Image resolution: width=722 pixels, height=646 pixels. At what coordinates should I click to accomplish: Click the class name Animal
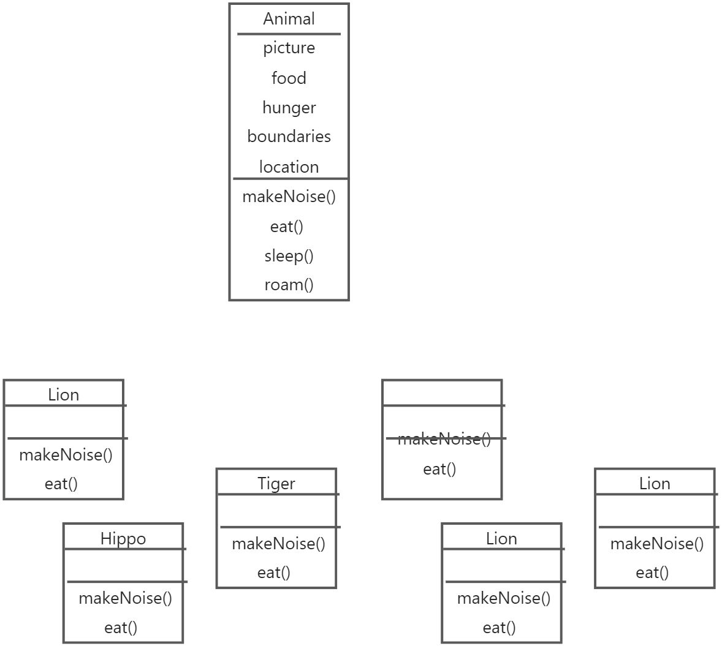click(289, 19)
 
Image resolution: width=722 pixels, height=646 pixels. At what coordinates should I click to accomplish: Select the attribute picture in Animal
click(289, 48)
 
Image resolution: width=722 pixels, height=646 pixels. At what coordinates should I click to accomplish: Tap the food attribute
click(289, 78)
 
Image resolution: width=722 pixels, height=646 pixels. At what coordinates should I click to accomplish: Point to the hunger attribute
click(289, 108)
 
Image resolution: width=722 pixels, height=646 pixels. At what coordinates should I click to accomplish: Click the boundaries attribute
click(289, 137)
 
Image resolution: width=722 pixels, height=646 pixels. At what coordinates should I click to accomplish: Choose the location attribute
click(289, 167)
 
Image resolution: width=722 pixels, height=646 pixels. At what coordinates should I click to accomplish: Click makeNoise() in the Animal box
click(289, 197)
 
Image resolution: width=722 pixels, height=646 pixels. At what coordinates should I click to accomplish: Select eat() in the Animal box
click(287, 227)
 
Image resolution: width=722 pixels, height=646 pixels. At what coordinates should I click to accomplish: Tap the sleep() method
click(289, 255)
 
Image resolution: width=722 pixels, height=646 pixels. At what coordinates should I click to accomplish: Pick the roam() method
click(289, 285)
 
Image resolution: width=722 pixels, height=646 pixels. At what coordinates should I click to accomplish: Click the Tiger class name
click(276, 483)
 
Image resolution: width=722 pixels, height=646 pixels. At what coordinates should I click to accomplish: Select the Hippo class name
click(123, 538)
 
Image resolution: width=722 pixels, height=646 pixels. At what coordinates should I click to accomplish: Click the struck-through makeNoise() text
click(444, 438)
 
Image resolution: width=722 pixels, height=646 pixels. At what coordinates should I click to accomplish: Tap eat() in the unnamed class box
click(439, 469)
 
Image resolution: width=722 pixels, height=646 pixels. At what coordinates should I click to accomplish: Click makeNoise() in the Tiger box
click(278, 543)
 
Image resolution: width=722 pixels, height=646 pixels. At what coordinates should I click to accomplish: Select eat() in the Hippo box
click(121, 627)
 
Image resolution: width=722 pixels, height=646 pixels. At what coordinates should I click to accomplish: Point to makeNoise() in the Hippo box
click(125, 598)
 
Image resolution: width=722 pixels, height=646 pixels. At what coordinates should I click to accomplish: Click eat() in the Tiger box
click(273, 573)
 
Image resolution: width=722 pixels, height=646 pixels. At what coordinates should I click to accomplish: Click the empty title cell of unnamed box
click(442, 392)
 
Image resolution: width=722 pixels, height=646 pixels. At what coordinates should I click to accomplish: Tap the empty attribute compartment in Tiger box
click(276, 510)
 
